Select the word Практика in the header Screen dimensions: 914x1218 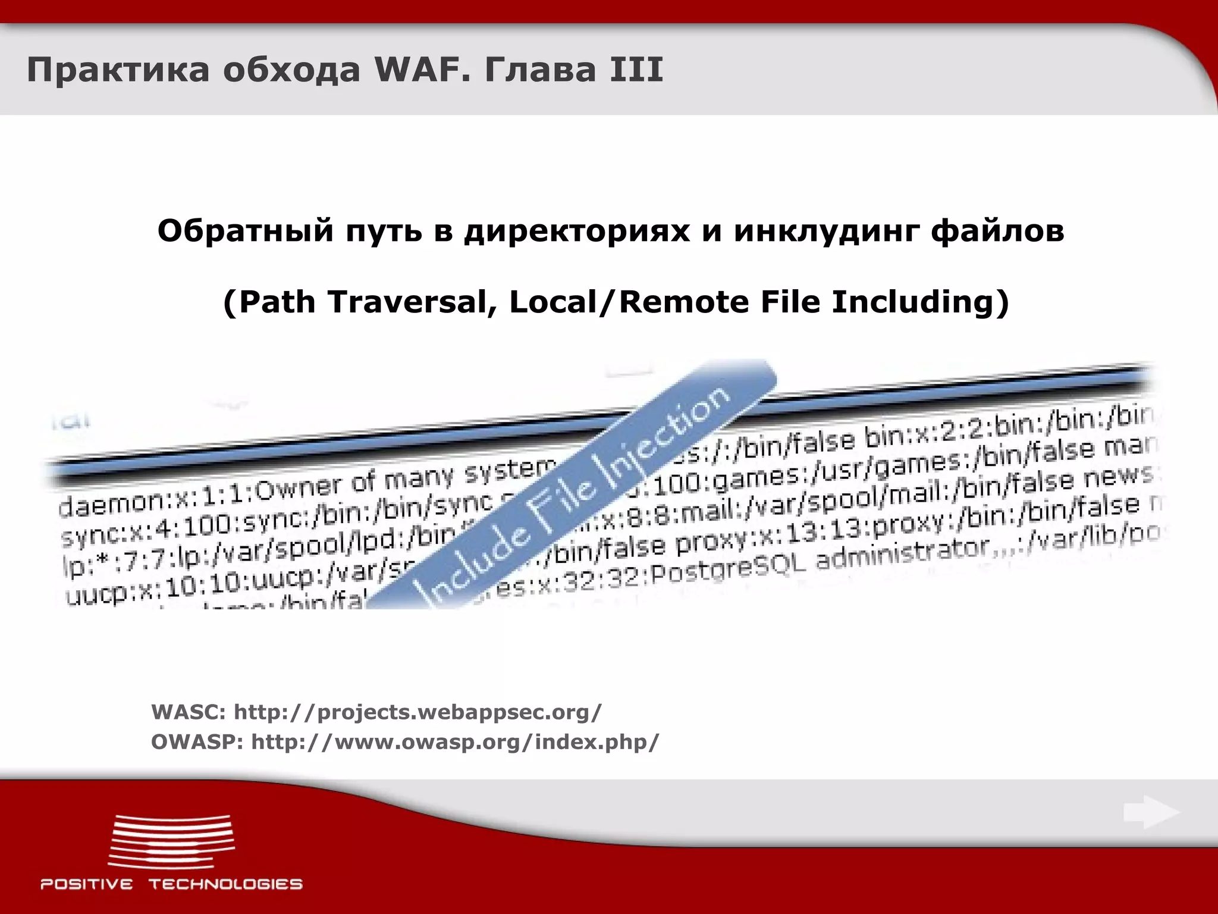click(x=118, y=70)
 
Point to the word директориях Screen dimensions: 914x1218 click(x=579, y=231)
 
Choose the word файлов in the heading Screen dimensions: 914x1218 click(x=997, y=231)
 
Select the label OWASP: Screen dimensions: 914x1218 click(x=197, y=742)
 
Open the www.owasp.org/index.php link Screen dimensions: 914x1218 click(x=455, y=742)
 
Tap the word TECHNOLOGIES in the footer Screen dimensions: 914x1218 click(x=225, y=884)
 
